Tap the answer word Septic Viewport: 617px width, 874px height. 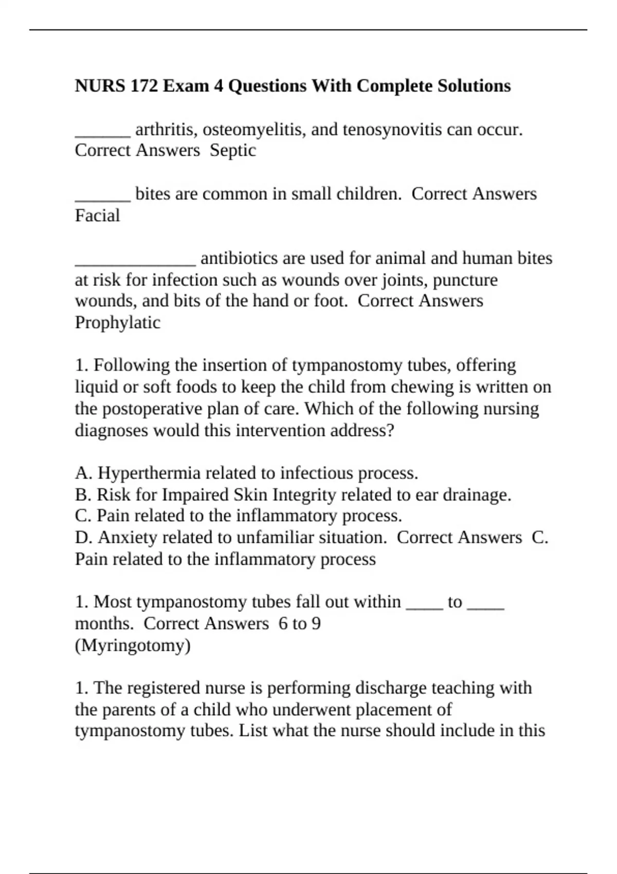(x=233, y=150)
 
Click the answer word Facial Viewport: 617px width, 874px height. (x=97, y=215)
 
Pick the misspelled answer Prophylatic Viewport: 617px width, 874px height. (x=118, y=322)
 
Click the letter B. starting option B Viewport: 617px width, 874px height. (x=83, y=495)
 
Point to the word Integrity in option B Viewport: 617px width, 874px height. (x=304, y=495)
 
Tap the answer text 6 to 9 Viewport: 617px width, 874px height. (x=300, y=624)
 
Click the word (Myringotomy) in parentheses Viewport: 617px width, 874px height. (x=133, y=645)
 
